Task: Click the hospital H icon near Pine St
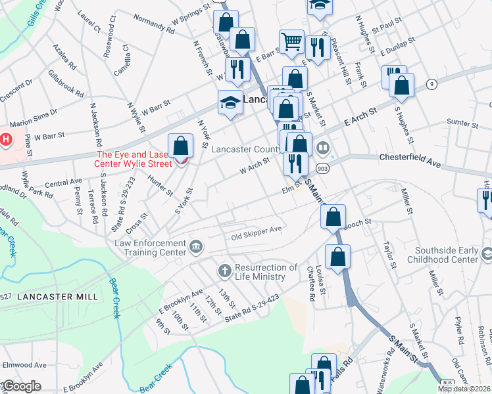6,139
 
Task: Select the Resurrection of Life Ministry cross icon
224,271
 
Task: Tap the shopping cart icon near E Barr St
291,41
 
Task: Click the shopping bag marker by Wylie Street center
180,146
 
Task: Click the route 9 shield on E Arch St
431,83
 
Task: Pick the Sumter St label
461,123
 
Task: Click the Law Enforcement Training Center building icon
196,247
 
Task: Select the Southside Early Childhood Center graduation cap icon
487,253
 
